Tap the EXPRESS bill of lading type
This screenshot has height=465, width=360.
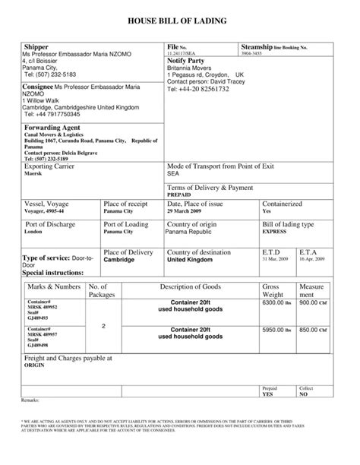point(276,232)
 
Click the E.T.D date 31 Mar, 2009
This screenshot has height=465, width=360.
point(275,259)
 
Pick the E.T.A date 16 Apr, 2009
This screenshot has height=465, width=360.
point(311,259)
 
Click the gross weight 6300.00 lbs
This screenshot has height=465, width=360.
point(276,302)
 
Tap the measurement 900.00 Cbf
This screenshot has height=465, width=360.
point(312,302)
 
